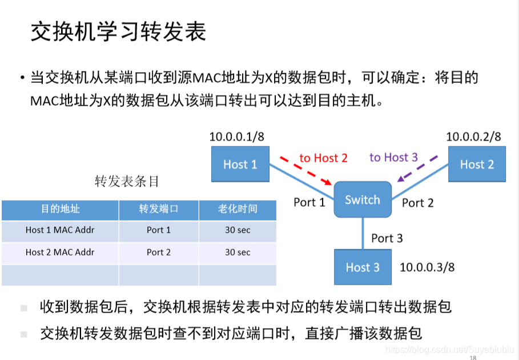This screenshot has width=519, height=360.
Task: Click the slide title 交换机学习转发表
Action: [118, 33]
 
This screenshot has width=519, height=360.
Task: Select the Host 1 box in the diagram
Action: [240, 165]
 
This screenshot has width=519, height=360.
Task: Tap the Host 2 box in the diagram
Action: [477, 165]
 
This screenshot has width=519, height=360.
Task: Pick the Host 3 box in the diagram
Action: [363, 267]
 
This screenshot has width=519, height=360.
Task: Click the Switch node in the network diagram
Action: [363, 199]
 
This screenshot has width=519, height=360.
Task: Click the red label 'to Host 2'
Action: [323, 158]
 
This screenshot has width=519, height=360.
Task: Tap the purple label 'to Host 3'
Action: [393, 157]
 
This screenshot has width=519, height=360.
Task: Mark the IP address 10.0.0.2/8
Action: [473, 137]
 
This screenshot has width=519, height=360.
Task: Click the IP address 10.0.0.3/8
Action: [427, 267]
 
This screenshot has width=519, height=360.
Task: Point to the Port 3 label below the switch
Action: [387, 238]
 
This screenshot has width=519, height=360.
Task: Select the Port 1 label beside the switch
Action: [309, 202]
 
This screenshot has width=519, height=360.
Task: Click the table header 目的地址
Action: [60, 209]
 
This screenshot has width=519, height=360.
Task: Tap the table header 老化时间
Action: [237, 209]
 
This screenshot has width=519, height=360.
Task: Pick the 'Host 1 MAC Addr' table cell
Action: [60, 230]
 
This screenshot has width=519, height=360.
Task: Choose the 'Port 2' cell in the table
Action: [158, 252]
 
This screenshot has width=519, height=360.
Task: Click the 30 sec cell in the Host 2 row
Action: [237, 252]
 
